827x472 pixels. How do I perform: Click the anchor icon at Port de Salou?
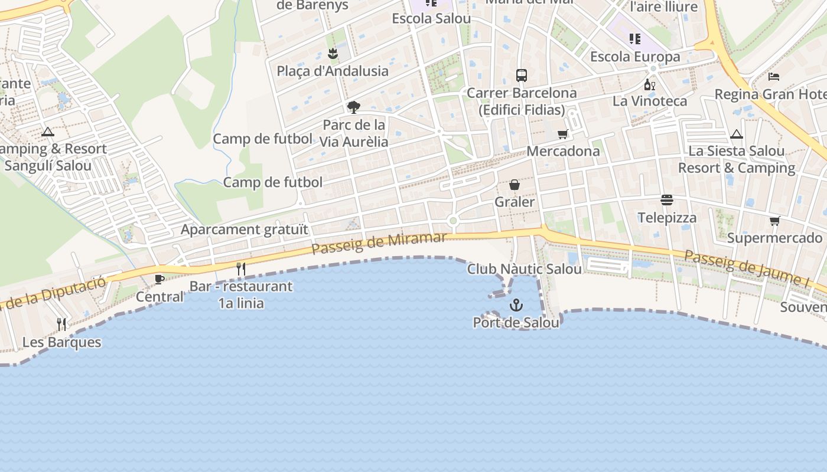[516, 305]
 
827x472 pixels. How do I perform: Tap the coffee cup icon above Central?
[159, 279]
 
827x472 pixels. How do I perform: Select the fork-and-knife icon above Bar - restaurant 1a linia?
[240, 269]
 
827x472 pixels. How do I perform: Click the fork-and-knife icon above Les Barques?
[61, 324]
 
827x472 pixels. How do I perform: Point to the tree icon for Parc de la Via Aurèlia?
[354, 107]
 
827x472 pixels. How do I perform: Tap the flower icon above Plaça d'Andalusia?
[333, 54]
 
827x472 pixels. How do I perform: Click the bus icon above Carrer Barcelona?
[522, 76]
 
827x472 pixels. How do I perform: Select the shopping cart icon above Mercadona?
[563, 134]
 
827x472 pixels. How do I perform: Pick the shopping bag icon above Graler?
[515, 185]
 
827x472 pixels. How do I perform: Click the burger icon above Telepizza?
[667, 200]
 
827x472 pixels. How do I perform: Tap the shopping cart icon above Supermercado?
[774, 221]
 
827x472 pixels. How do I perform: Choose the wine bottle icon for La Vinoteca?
[649, 84]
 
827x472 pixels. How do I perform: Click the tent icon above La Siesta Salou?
[736, 134]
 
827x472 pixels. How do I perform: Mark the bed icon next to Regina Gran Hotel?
[774, 77]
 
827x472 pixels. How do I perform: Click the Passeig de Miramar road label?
[379, 242]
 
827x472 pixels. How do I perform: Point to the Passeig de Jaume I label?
[747, 268]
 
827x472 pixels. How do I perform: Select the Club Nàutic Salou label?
[525, 269]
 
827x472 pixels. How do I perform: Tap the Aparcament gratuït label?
[245, 230]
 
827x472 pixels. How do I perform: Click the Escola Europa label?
[635, 57]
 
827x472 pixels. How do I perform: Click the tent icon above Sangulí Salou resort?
[48, 132]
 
